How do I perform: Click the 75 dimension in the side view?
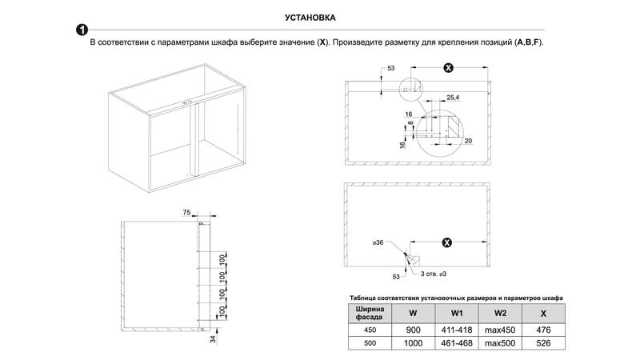186,213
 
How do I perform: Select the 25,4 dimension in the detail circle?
453,97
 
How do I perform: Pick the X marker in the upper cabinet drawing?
448,68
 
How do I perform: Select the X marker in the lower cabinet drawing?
447,242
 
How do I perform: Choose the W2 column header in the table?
501,312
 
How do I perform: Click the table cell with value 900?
413,329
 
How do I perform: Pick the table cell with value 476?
543,329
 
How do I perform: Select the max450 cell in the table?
501,329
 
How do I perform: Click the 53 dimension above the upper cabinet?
390,69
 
